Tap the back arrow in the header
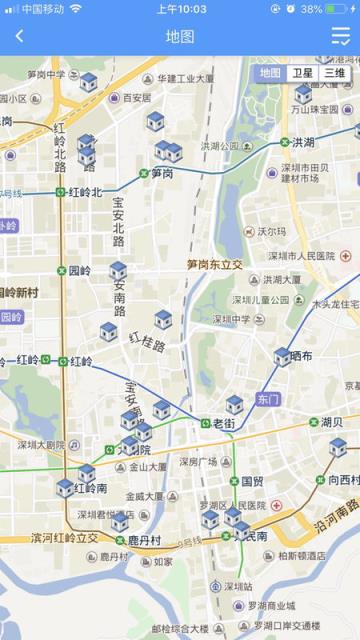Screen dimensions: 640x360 [x=19, y=36]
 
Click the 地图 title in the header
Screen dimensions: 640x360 [x=180, y=36]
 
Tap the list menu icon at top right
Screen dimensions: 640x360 [x=341, y=36]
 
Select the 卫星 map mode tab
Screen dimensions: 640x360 [x=302, y=73]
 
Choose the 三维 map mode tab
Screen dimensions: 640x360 [x=334, y=73]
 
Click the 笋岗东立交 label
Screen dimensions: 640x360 [x=214, y=265]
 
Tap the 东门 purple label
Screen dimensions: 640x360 [x=268, y=399]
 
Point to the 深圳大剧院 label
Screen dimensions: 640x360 [x=41, y=444]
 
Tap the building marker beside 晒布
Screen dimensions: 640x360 [x=282, y=356]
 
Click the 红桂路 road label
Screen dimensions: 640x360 [x=147, y=342]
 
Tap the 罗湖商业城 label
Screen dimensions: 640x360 [x=272, y=605]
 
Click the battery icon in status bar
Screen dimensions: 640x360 [x=340, y=8]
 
